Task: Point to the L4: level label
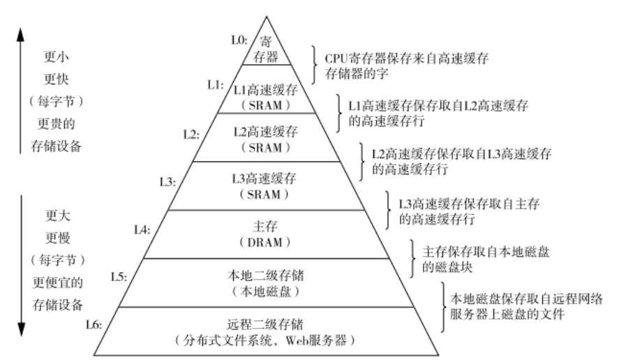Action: (143, 229)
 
